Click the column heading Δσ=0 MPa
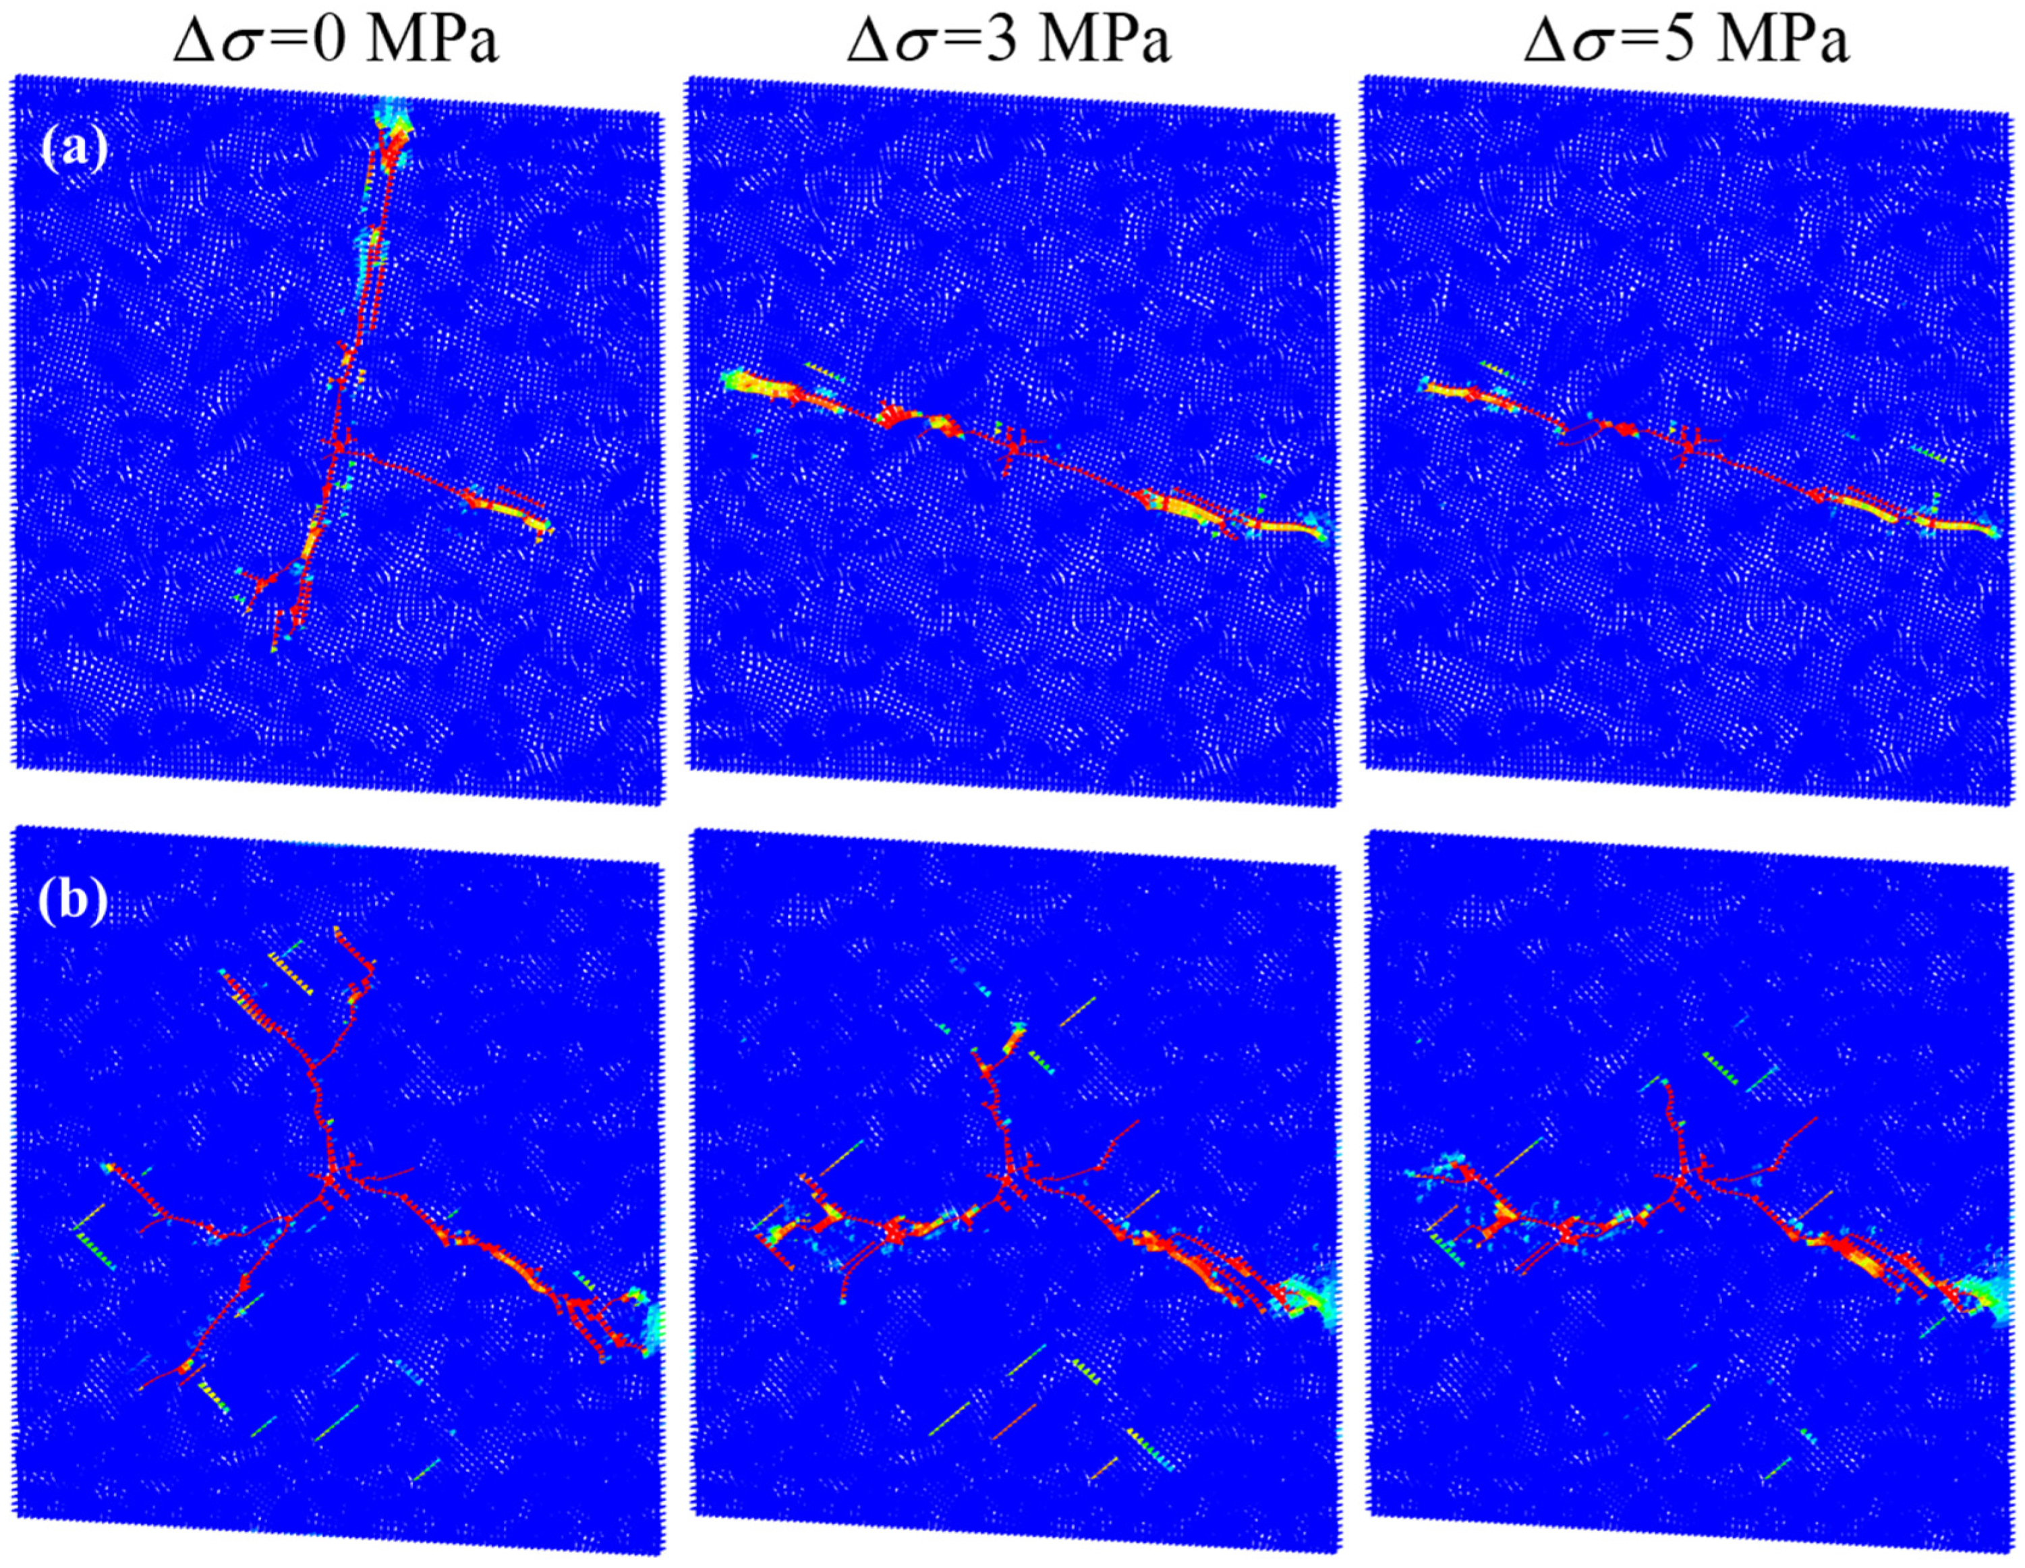pos(336,42)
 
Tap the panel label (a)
pos(75,148)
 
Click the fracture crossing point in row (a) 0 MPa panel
pos(339,446)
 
